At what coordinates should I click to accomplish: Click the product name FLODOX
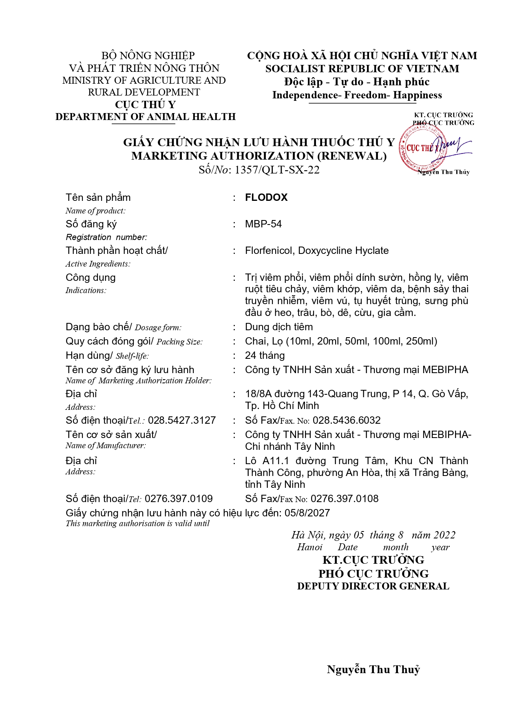point(266,198)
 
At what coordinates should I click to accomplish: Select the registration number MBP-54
point(263,224)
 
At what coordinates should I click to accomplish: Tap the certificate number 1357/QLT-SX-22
point(277,170)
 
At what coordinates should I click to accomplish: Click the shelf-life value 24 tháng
point(265,356)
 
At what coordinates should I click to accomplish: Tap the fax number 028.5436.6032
point(346,420)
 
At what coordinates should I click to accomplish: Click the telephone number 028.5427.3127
point(182,420)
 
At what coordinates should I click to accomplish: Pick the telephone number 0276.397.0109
point(179,499)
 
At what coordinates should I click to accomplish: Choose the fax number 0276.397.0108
point(344,499)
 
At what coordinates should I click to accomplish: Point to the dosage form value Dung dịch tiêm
point(279,327)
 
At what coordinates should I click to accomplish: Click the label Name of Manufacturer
point(106,446)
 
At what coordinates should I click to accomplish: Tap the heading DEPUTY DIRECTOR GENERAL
point(373,586)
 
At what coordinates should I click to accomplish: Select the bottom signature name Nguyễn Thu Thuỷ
point(373,669)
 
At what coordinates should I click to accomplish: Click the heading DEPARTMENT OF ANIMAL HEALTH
point(146,117)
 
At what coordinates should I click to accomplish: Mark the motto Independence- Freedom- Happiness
point(357,95)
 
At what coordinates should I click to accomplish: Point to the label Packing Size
point(179,342)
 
